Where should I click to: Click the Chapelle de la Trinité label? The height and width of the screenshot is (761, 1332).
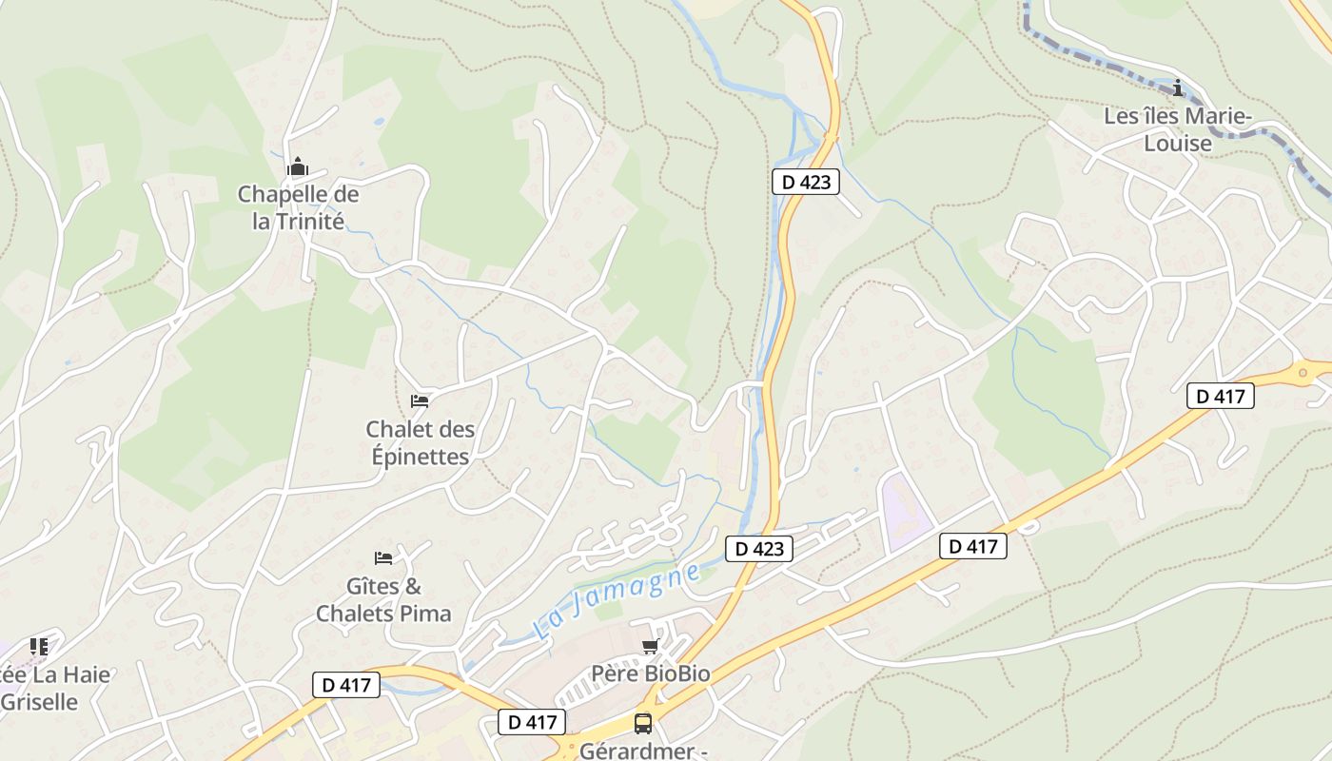coord(298,208)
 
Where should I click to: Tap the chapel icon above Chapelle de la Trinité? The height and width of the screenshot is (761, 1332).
coord(298,168)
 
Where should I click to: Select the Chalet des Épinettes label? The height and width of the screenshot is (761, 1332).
coord(419,443)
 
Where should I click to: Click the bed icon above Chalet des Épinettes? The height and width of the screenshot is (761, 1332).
coord(419,400)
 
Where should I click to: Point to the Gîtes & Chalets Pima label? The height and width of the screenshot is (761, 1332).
coord(383,600)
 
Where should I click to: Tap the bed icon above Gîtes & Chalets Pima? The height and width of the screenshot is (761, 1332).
coord(383,557)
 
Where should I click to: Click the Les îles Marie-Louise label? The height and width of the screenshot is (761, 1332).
coord(1178,130)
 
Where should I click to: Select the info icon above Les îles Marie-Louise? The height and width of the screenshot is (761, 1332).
coord(1179,88)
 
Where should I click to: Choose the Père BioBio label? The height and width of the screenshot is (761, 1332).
coord(651,673)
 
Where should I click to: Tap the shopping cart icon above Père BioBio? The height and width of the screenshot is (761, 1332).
coord(650,647)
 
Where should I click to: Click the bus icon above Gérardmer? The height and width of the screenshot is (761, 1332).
coord(643,724)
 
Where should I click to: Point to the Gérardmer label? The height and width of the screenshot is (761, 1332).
coord(643,751)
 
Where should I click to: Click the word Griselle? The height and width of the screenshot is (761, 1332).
coord(41,702)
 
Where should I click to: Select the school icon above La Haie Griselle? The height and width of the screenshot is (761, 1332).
coord(39,647)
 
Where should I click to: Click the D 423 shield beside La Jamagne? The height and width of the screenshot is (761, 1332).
coord(759,549)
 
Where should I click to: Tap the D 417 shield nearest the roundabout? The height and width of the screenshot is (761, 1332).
coord(1221,397)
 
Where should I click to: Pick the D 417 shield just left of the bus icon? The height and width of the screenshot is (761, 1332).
coord(533,722)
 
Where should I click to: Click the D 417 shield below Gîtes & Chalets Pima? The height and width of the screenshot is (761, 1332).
coord(346,684)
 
